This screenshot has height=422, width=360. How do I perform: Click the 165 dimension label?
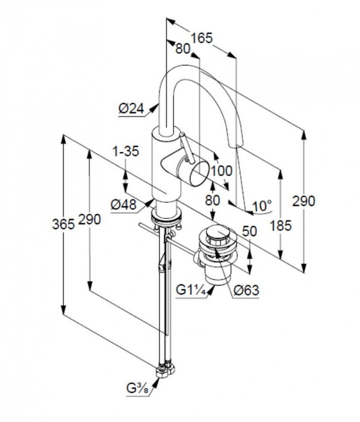click(x=202, y=38)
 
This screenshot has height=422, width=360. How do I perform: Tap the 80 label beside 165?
click(x=183, y=49)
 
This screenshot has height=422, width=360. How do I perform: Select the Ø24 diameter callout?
click(x=131, y=109)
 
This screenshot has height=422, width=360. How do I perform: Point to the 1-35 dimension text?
click(x=126, y=151)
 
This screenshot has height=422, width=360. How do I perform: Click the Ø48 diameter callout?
click(x=124, y=205)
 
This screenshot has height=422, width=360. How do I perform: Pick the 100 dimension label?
click(x=221, y=171)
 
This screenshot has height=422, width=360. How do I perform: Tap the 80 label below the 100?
click(x=213, y=200)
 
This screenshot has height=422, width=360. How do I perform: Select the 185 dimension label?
click(x=281, y=226)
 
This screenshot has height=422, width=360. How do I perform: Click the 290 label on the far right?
click(x=304, y=201)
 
